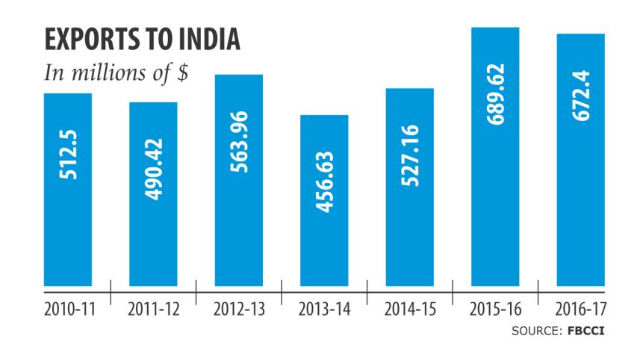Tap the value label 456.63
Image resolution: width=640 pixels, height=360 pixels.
(324, 182)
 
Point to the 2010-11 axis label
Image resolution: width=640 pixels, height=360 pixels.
(68, 310)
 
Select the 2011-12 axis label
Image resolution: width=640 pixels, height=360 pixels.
(153, 310)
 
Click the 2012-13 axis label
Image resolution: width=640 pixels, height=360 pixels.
(239, 310)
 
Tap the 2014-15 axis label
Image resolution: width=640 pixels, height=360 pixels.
(409, 310)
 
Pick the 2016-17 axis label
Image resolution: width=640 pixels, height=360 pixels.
(580, 310)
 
